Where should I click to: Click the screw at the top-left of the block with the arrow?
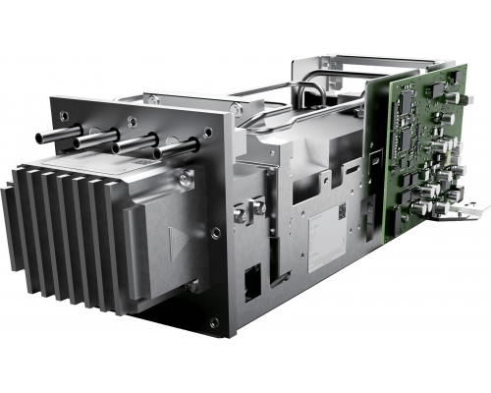click(x=185, y=178)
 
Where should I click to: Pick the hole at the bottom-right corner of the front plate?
click(x=214, y=320)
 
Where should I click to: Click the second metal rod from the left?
click(x=88, y=140)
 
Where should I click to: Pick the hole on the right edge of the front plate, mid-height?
click(x=216, y=233)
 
